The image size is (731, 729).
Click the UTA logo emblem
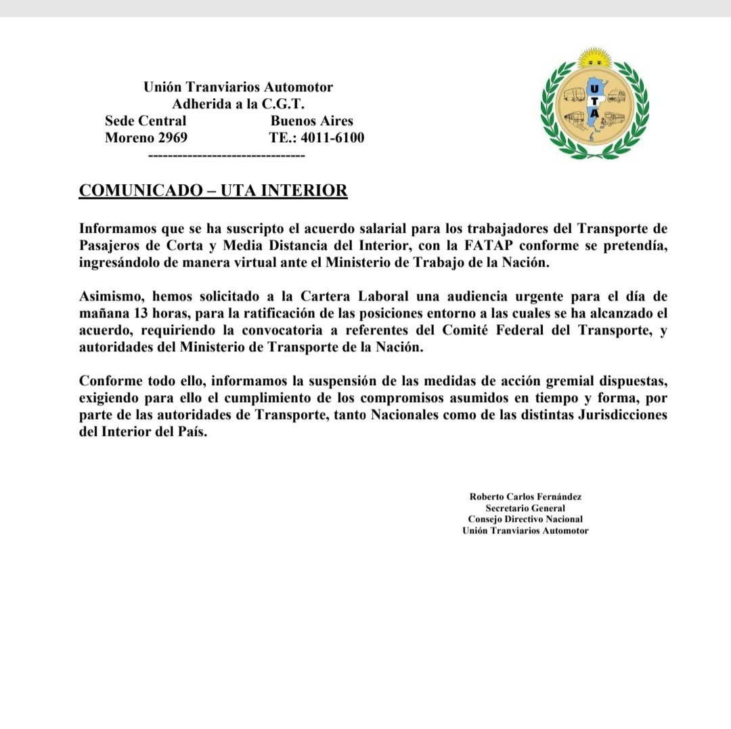pos(594,107)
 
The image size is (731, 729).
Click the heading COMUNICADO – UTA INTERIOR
pos(213,190)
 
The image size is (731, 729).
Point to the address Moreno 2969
pos(146,138)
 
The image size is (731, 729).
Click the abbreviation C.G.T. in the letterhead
pos(284,104)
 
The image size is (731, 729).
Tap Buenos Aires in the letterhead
pos(311,121)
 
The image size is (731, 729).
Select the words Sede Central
pos(146,121)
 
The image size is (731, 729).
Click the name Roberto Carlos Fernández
pos(525,496)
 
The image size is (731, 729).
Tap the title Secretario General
pos(525,508)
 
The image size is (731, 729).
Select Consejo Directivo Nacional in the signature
pos(525,519)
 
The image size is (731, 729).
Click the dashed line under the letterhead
pos(226,156)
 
